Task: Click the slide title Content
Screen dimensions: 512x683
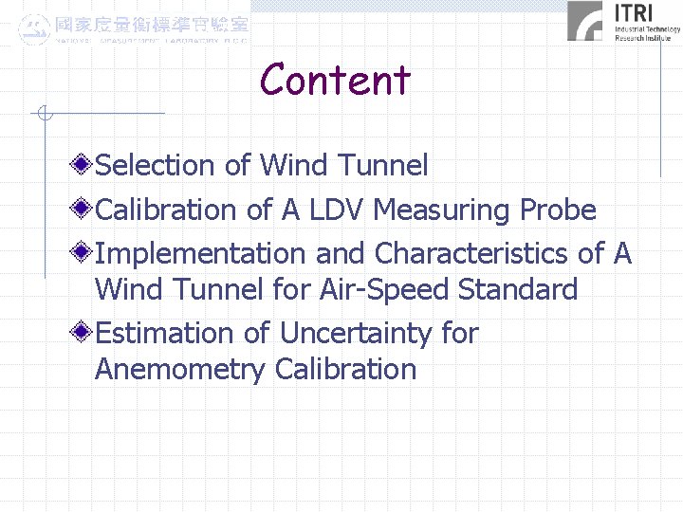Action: click(x=335, y=80)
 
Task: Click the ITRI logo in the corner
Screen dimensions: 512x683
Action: click(x=623, y=22)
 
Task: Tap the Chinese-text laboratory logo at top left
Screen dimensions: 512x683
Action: click(x=134, y=28)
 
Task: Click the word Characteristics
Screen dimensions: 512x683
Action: click(x=473, y=254)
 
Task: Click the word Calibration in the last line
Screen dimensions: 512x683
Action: click(x=345, y=369)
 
